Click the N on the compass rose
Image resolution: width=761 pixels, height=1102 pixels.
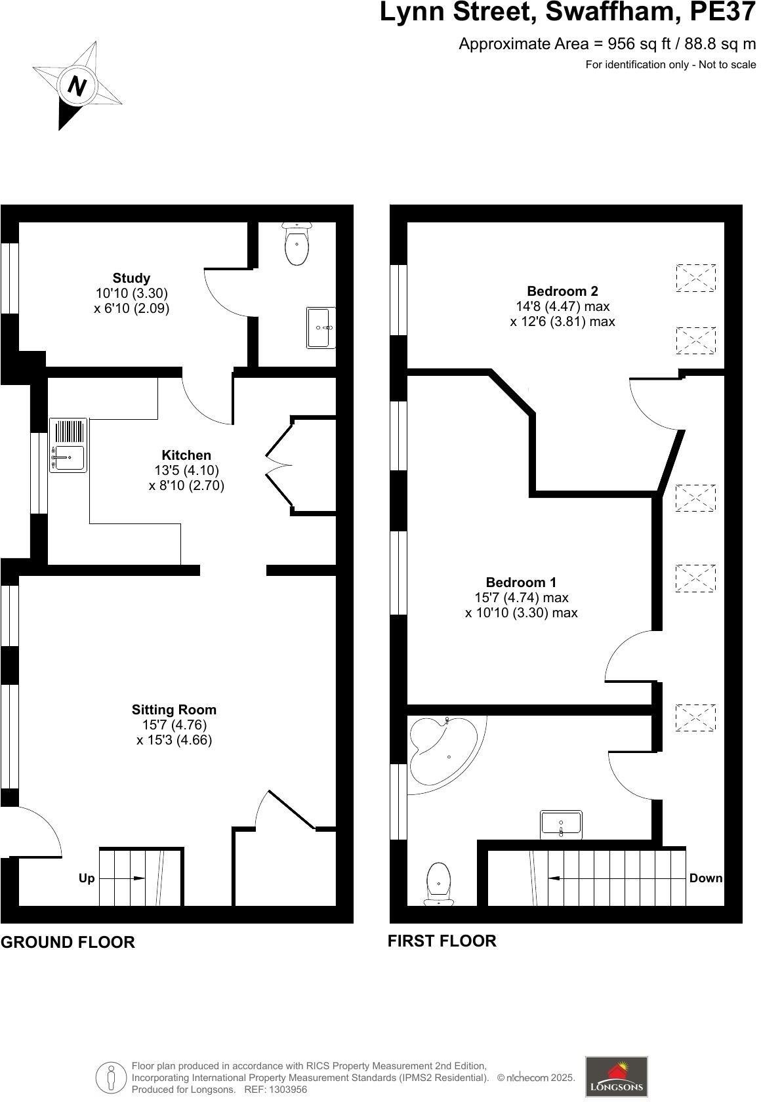coord(77,86)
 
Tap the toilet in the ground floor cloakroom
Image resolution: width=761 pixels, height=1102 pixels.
coord(297,244)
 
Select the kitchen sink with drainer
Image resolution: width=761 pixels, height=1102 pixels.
coord(68,446)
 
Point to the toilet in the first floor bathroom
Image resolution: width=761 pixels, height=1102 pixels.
coord(438,882)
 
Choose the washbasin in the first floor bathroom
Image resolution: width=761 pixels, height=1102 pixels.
coord(561,825)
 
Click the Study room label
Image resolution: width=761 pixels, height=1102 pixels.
coord(131,278)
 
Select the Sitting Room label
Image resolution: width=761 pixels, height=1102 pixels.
coord(174,710)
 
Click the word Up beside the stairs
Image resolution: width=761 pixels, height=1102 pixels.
coord(87,878)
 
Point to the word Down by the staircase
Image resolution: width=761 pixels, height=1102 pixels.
coord(706,878)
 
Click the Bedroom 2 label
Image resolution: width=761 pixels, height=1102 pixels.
coord(562,291)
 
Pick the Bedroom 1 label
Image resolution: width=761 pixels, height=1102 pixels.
coord(521,582)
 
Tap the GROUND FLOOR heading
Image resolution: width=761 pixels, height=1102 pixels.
coord(68,943)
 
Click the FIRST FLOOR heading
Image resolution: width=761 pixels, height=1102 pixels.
coord(442,941)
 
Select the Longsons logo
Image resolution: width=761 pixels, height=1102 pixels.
coord(616,1076)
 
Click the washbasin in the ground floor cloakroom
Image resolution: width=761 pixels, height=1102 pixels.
coord(321,327)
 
